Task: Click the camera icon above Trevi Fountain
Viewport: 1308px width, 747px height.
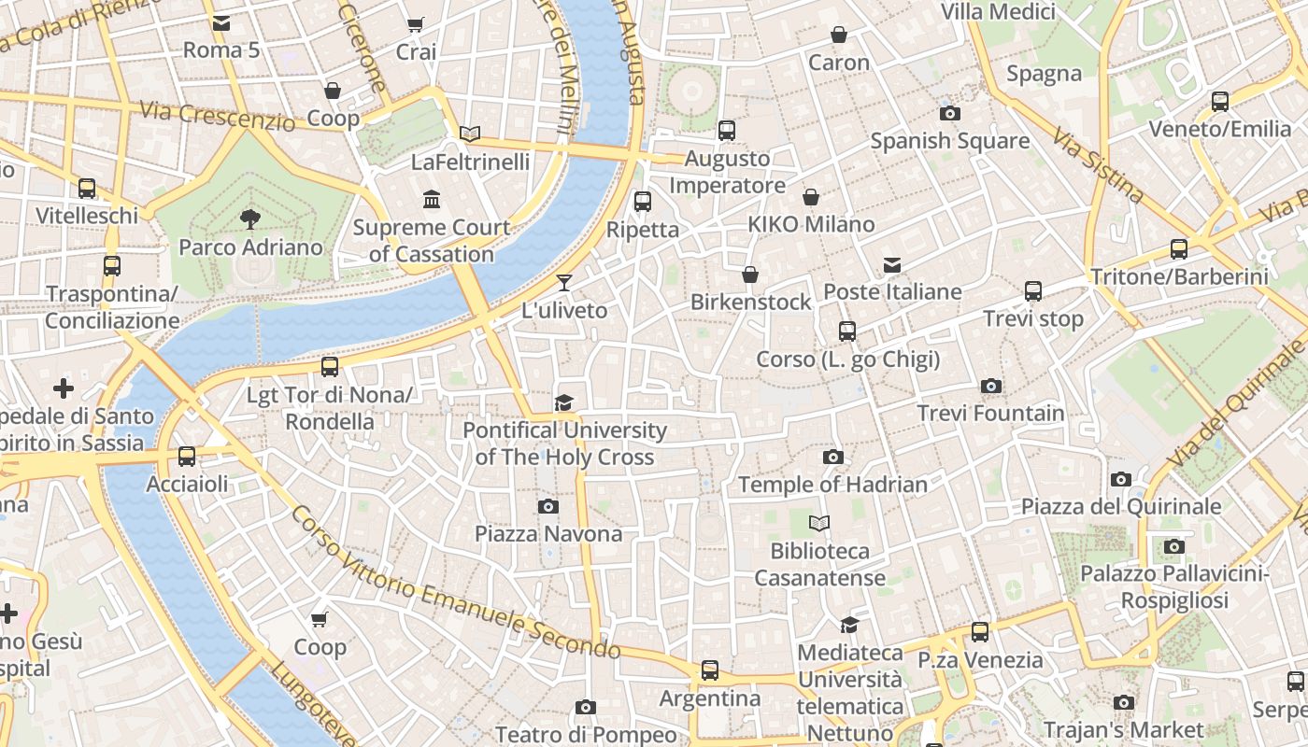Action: pyautogui.click(x=991, y=386)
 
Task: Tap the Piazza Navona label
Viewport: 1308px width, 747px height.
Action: pyautogui.click(x=548, y=533)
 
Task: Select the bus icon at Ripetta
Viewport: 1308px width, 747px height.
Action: pyautogui.click(x=642, y=201)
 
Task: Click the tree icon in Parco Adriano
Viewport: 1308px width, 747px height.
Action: pyautogui.click(x=249, y=219)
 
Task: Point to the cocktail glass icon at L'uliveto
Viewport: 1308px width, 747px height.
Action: pyautogui.click(x=564, y=283)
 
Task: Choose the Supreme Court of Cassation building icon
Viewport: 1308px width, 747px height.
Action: pyautogui.click(x=432, y=199)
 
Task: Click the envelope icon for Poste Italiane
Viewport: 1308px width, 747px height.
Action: pyautogui.click(x=892, y=265)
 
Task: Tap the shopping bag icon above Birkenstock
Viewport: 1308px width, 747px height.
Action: pyautogui.click(x=750, y=275)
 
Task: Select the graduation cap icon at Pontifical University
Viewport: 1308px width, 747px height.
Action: pyautogui.click(x=563, y=402)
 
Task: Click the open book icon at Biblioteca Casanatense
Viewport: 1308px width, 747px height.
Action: pyautogui.click(x=819, y=524)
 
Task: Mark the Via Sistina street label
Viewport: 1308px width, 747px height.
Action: pyautogui.click(x=1098, y=166)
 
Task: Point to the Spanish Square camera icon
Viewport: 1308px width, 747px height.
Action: pyautogui.click(x=949, y=114)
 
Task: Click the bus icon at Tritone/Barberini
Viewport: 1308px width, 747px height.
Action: pyautogui.click(x=1179, y=249)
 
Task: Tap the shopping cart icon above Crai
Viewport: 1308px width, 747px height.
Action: pyautogui.click(x=416, y=24)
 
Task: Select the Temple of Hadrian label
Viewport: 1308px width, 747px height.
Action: pyautogui.click(x=832, y=484)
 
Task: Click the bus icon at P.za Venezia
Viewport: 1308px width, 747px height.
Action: pyautogui.click(x=979, y=632)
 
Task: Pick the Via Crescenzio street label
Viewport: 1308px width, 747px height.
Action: pyautogui.click(x=217, y=115)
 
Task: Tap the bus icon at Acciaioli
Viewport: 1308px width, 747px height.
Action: pyautogui.click(x=187, y=457)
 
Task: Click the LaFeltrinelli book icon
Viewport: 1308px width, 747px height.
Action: pyautogui.click(x=470, y=134)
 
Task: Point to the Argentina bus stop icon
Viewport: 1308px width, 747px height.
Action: pyautogui.click(x=710, y=670)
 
